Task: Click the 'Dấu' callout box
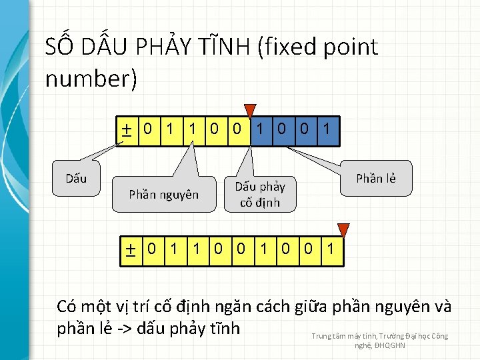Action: [x=75, y=178]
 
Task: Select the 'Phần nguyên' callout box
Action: [x=163, y=194]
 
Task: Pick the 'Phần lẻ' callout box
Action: [x=375, y=178]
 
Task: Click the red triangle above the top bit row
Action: [x=250, y=111]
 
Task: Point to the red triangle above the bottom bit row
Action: [x=343, y=231]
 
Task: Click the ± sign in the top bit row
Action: [x=125, y=129]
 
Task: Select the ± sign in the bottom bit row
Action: [x=131, y=249]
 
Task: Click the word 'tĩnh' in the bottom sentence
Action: [x=220, y=329]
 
